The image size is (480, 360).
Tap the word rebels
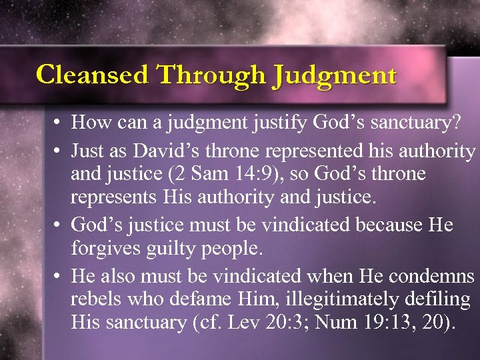coord(93,299)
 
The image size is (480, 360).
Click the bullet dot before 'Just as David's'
coord(59,151)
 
